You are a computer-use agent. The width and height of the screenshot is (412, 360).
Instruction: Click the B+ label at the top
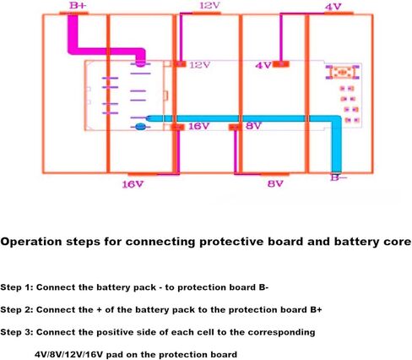pyautogui.click(x=78, y=5)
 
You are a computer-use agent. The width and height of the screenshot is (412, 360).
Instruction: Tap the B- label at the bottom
pyautogui.click(x=339, y=178)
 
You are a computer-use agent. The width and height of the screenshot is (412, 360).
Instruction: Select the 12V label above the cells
pyautogui.click(x=209, y=5)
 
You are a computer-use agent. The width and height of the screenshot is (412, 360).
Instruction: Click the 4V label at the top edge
pyautogui.click(x=333, y=7)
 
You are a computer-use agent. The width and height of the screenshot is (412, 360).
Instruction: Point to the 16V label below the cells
pyautogui.click(x=133, y=184)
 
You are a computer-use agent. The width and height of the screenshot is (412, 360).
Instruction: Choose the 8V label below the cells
pyautogui.click(x=275, y=184)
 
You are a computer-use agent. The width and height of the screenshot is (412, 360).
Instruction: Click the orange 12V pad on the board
pyautogui.click(x=180, y=64)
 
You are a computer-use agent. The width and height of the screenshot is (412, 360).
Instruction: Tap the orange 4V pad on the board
pyautogui.click(x=280, y=64)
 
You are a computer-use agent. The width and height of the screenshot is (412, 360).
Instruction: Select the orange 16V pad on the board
pyautogui.click(x=178, y=128)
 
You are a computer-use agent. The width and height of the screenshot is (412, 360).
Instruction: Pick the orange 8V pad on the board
pyautogui.click(x=235, y=128)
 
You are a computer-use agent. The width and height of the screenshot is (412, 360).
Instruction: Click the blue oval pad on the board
pyautogui.click(x=140, y=127)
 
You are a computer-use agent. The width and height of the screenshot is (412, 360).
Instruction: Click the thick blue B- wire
pyautogui.click(x=336, y=118)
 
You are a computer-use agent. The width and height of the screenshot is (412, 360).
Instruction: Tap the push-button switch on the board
pyautogui.click(x=342, y=72)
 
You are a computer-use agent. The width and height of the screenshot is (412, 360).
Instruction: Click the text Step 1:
pyautogui.click(x=17, y=287)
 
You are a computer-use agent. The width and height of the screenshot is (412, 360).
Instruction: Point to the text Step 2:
pyautogui.click(x=17, y=310)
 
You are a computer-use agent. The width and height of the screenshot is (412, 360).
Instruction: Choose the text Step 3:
pyautogui.click(x=17, y=332)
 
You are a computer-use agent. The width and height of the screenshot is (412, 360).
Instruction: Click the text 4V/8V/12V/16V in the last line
pyautogui.click(x=69, y=354)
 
